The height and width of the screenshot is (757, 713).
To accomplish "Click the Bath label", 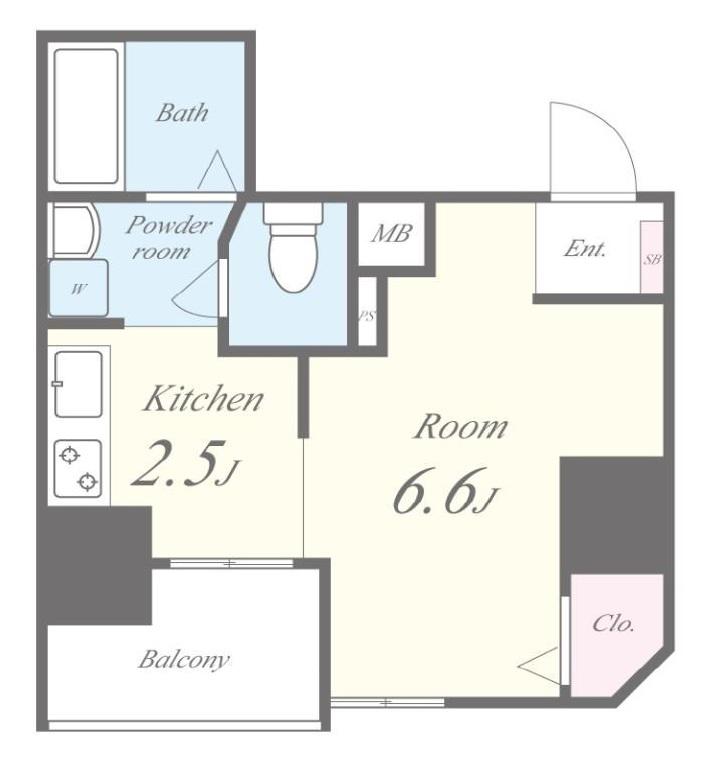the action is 182,112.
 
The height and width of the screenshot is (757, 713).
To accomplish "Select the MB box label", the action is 391,234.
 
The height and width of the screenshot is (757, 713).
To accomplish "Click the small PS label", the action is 367,316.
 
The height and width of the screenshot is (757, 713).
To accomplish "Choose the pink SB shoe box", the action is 652,257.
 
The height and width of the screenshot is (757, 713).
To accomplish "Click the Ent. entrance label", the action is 585,249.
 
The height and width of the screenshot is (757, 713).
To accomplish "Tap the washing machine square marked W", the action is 78,288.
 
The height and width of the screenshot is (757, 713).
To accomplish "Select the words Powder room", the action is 167,238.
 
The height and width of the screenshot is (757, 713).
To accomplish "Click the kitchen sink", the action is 78,384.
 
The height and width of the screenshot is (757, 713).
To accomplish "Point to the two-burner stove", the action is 78,468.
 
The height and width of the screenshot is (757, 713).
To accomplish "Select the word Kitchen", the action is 203,399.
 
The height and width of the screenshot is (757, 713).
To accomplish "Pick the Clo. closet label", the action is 613,623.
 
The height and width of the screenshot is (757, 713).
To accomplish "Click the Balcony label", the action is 184,659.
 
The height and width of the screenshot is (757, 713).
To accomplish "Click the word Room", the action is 461,427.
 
